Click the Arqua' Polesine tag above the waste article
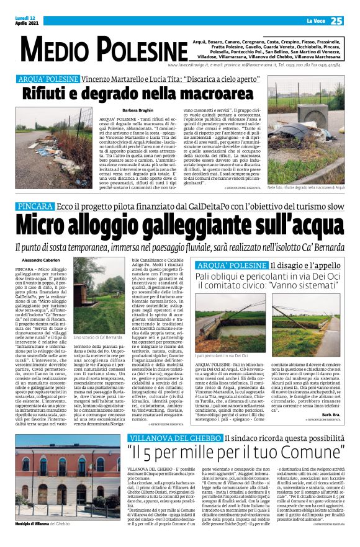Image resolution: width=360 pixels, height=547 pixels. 47,79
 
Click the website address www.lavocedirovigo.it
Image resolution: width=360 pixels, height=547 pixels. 187,64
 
